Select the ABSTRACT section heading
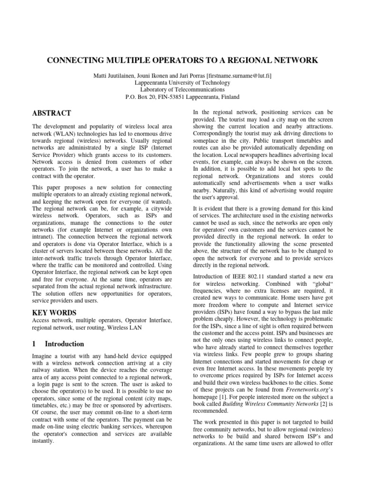52,113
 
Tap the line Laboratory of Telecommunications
182,89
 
